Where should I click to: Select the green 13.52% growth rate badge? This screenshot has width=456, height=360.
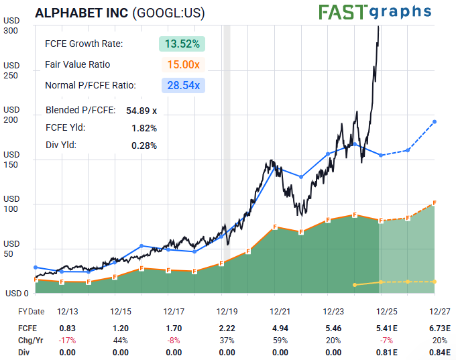[182, 44]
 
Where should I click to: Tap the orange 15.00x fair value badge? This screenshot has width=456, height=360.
[182, 65]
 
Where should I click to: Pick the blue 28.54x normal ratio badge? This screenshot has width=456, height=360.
[182, 85]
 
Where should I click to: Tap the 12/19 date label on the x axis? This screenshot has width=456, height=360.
[226, 312]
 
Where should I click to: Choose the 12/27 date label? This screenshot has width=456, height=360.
[440, 312]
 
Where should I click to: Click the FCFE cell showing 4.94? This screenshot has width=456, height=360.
[280, 328]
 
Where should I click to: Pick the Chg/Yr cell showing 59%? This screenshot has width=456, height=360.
[280, 340]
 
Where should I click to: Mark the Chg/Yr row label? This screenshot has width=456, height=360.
[27, 340]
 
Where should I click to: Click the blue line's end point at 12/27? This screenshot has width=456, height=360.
[435, 121]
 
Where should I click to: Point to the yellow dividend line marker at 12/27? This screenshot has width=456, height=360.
[435, 282]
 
